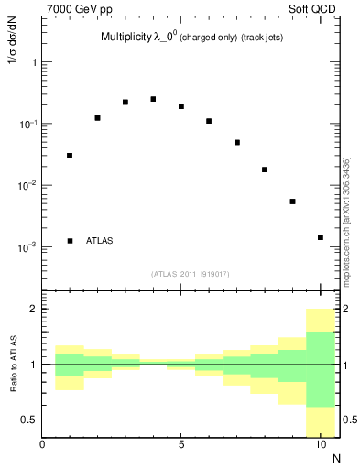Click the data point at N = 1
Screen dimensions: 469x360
pyautogui.click(x=70, y=156)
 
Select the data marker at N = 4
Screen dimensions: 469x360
pyautogui.click(x=153, y=99)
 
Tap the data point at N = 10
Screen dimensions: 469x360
pyautogui.click(x=321, y=237)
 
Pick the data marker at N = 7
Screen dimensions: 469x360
pyautogui.click(x=237, y=143)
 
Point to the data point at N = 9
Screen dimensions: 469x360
pyautogui.click(x=293, y=202)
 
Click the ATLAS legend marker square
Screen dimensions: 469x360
pyautogui.click(x=70, y=241)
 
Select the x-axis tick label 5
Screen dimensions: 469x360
pyautogui.click(x=181, y=445)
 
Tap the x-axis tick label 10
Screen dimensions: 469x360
pyautogui.click(x=321, y=445)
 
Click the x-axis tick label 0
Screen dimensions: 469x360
pyautogui.click(x=42, y=445)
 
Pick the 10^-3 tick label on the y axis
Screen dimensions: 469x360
pyautogui.click(x=27, y=247)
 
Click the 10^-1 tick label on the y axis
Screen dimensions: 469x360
pyautogui.click(x=27, y=124)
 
